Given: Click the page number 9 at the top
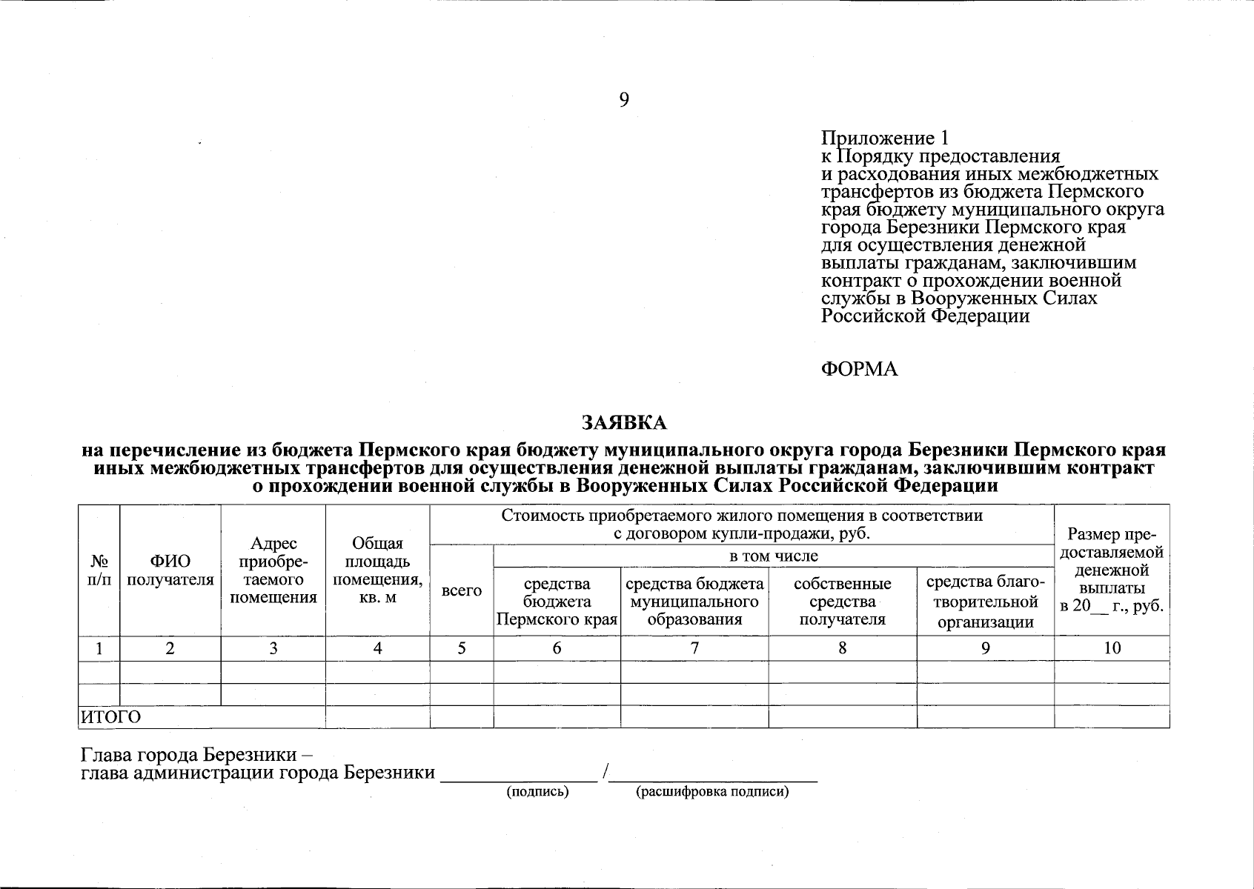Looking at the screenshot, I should pyautogui.click(x=624, y=100).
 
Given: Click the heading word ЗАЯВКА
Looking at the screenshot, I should pyautogui.click(x=624, y=423).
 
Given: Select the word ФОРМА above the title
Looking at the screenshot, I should pyautogui.click(x=859, y=370).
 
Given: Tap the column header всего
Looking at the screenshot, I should pyautogui.click(x=461, y=591).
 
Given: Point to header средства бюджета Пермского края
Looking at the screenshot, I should pyautogui.click(x=557, y=602).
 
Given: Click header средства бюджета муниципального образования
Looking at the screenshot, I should pyautogui.click(x=694, y=602).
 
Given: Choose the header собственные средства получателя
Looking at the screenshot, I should pyautogui.click(x=843, y=602).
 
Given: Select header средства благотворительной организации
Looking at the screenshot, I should pyautogui.click(x=985, y=602).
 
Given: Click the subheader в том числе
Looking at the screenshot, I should pyautogui.click(x=773, y=556).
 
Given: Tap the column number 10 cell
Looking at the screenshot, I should pyautogui.click(x=1112, y=648).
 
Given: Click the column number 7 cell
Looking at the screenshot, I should pyautogui.click(x=694, y=648).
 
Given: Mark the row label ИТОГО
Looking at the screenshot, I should pyautogui.click(x=110, y=717).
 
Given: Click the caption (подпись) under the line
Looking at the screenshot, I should pyautogui.click(x=537, y=792).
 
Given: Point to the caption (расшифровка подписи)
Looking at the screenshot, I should pyautogui.click(x=712, y=792).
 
